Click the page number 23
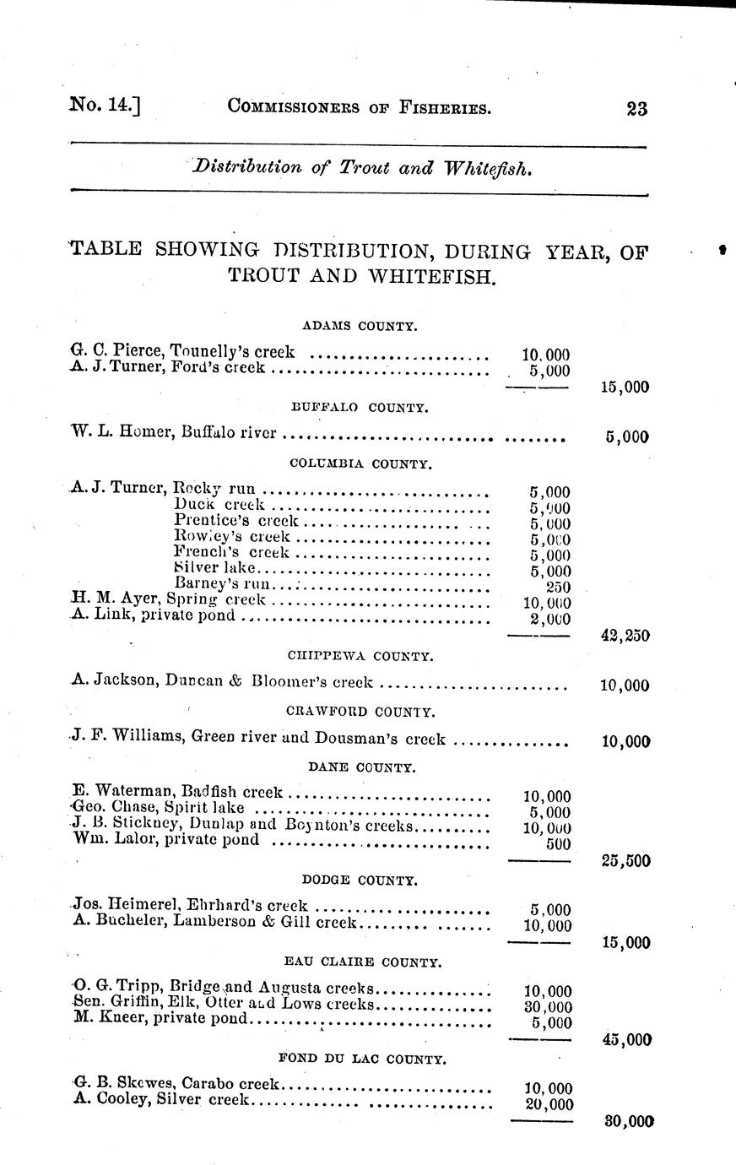pyautogui.click(x=636, y=108)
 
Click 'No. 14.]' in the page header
pyautogui.click(x=105, y=106)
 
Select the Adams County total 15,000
pyautogui.click(x=625, y=387)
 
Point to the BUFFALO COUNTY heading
pyautogui.click(x=360, y=407)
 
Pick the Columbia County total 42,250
pyautogui.click(x=625, y=636)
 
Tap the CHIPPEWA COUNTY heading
pyautogui.click(x=360, y=655)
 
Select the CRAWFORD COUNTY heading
pyautogui.click(x=360, y=712)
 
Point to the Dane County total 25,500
pyautogui.click(x=625, y=861)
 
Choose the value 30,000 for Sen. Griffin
pyautogui.click(x=548, y=1007)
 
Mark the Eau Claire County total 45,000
pyautogui.click(x=626, y=1040)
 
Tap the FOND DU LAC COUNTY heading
pyautogui.click(x=361, y=1059)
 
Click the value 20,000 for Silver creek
pyautogui.click(x=548, y=1104)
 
